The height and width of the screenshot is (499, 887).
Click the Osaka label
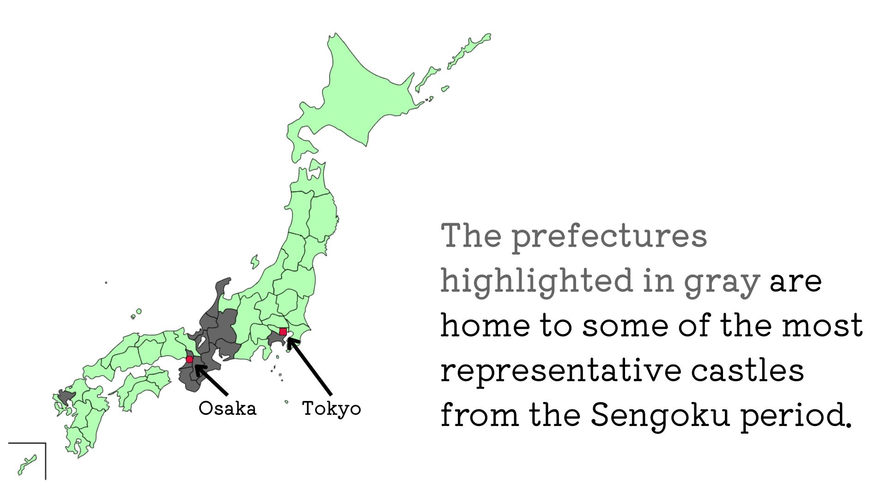[227, 408]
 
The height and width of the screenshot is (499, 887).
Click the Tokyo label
[331, 409]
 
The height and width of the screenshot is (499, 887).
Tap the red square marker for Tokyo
[283, 331]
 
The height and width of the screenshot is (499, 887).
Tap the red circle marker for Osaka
[189, 359]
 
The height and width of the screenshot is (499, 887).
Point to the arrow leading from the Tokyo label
[310, 366]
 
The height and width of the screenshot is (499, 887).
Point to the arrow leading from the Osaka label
[211, 380]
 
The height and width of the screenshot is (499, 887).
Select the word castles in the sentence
[747, 371]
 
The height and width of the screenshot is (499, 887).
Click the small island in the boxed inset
[27, 465]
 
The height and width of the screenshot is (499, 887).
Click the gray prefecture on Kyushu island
[66, 397]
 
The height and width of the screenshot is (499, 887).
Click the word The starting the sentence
[471, 235]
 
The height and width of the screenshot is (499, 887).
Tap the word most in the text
[822, 325]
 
